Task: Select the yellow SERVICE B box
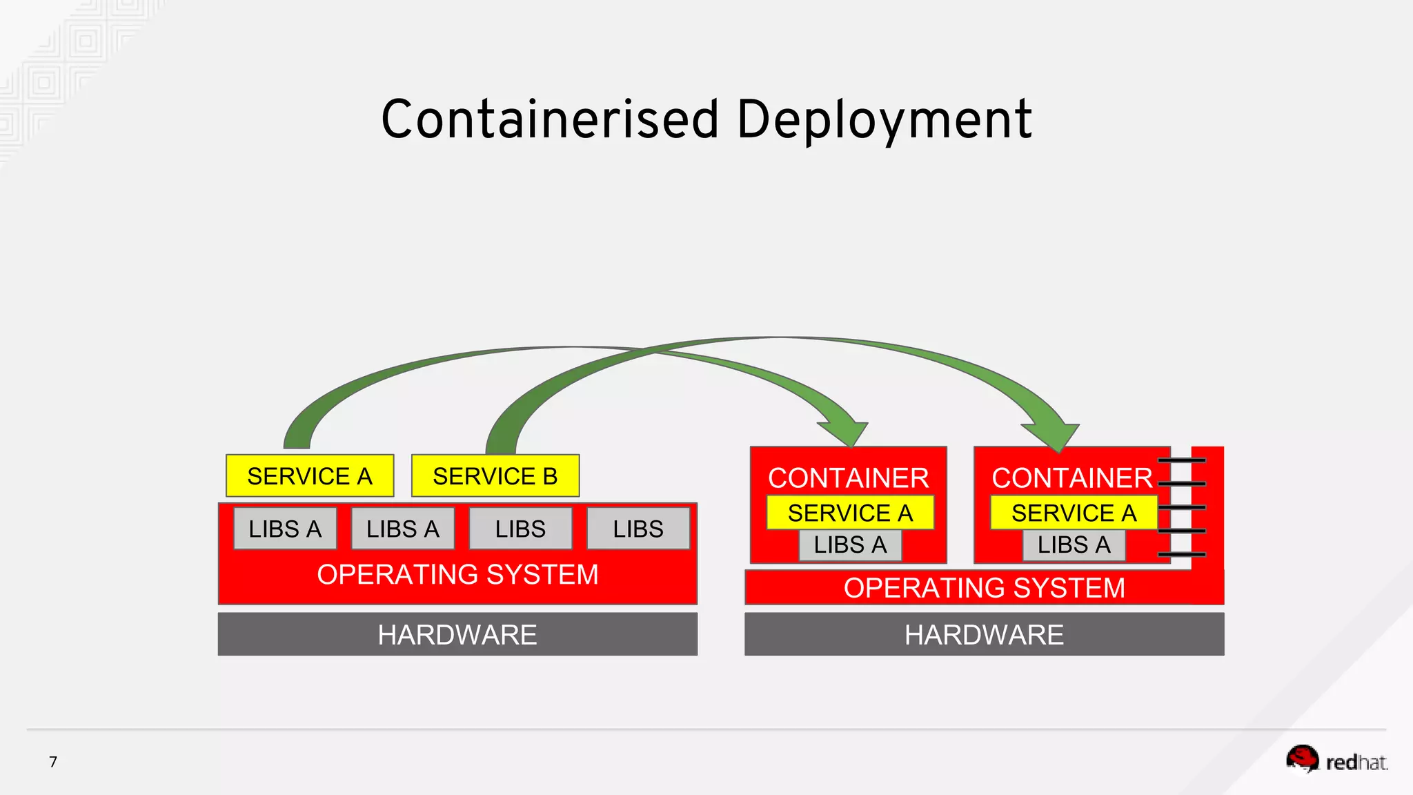(495, 476)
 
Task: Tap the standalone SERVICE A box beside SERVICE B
(310, 476)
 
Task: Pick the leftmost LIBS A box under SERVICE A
(285, 529)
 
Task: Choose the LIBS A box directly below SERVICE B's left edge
(403, 529)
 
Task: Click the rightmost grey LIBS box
(638, 529)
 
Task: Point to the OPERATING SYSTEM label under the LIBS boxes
(457, 575)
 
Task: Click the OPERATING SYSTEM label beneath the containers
(984, 588)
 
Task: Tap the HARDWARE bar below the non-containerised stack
(457, 634)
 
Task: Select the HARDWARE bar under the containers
(984, 634)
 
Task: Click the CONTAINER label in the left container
(849, 478)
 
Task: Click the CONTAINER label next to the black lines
(1072, 478)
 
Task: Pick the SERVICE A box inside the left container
(850, 513)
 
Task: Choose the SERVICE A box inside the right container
(1074, 513)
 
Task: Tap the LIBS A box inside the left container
(850, 545)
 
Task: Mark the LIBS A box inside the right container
(1074, 545)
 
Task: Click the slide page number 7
(53, 762)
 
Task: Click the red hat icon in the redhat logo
(1303, 758)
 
